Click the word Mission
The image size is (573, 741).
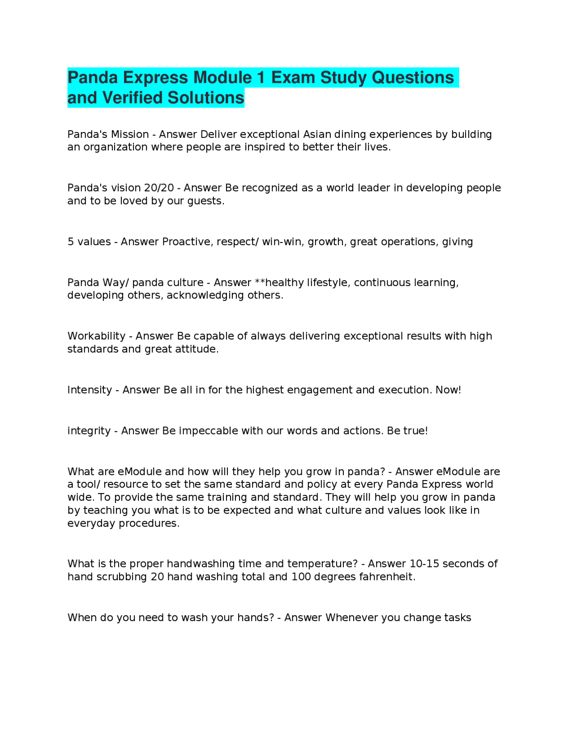click(x=130, y=134)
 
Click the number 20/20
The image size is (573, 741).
click(x=158, y=188)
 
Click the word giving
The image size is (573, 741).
click(x=458, y=242)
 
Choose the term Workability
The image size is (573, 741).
click(x=96, y=336)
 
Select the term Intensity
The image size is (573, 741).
click(x=90, y=390)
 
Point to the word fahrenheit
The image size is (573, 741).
click(x=387, y=577)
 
